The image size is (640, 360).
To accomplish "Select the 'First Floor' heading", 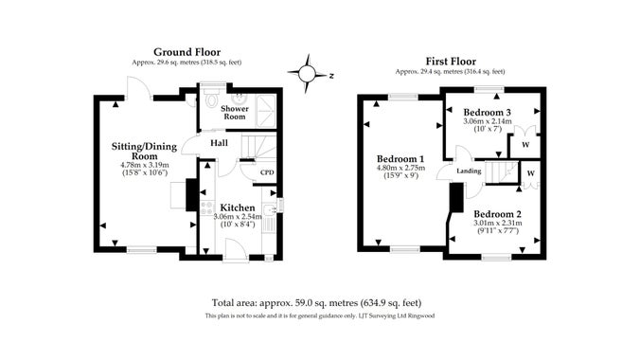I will (x=449, y=61).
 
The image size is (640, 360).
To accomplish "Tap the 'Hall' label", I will (x=219, y=143).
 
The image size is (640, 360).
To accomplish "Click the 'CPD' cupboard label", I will (x=268, y=173).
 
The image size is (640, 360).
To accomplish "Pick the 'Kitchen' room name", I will (x=237, y=207).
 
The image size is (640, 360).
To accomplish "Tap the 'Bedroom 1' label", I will (x=400, y=158).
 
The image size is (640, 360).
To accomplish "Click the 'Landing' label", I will (x=468, y=171).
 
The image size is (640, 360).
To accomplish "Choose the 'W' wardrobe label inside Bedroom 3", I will (x=524, y=144).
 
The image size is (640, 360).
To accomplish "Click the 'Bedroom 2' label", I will (x=497, y=213).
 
